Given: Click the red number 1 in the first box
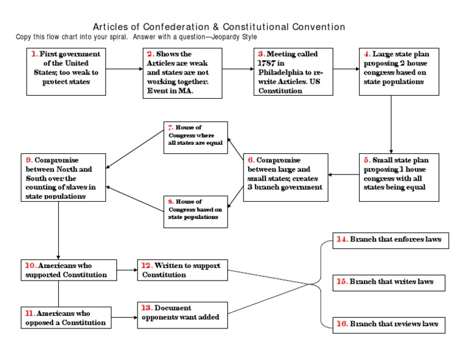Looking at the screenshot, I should [x=35, y=54].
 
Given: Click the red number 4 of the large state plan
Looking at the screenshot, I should [x=367, y=54].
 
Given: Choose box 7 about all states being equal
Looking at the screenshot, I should [x=196, y=138].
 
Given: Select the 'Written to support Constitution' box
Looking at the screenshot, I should [x=182, y=270].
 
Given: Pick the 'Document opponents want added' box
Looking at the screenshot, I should [x=182, y=313].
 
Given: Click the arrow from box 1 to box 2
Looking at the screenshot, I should [x=120, y=68].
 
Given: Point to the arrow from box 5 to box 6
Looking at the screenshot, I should [x=344, y=175].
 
